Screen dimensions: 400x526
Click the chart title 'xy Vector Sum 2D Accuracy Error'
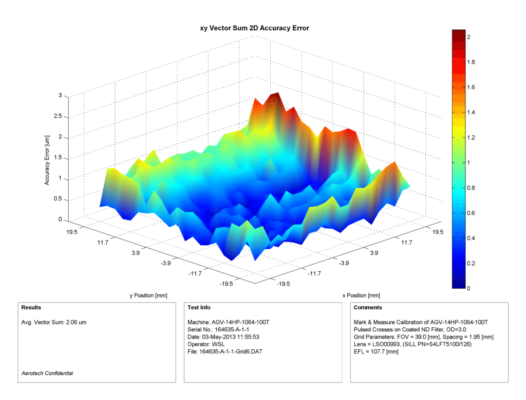pyautogui.click(x=254, y=28)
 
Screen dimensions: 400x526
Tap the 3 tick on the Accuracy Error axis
pyautogui.click(x=60, y=95)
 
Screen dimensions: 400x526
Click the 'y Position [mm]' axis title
pyautogui.click(x=148, y=295)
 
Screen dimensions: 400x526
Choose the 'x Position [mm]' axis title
pyautogui.click(x=361, y=295)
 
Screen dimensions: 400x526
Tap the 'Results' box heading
pyautogui.click(x=31, y=308)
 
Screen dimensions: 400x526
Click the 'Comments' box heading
pyautogui.click(x=368, y=308)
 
